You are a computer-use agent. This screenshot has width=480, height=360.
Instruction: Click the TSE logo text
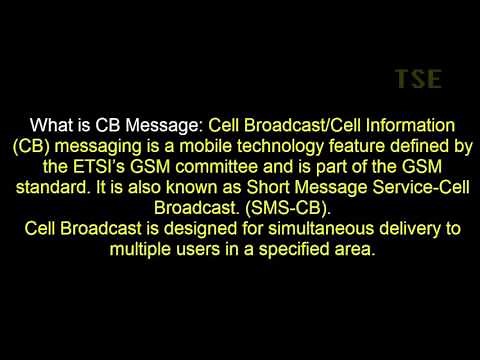coord(417,79)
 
